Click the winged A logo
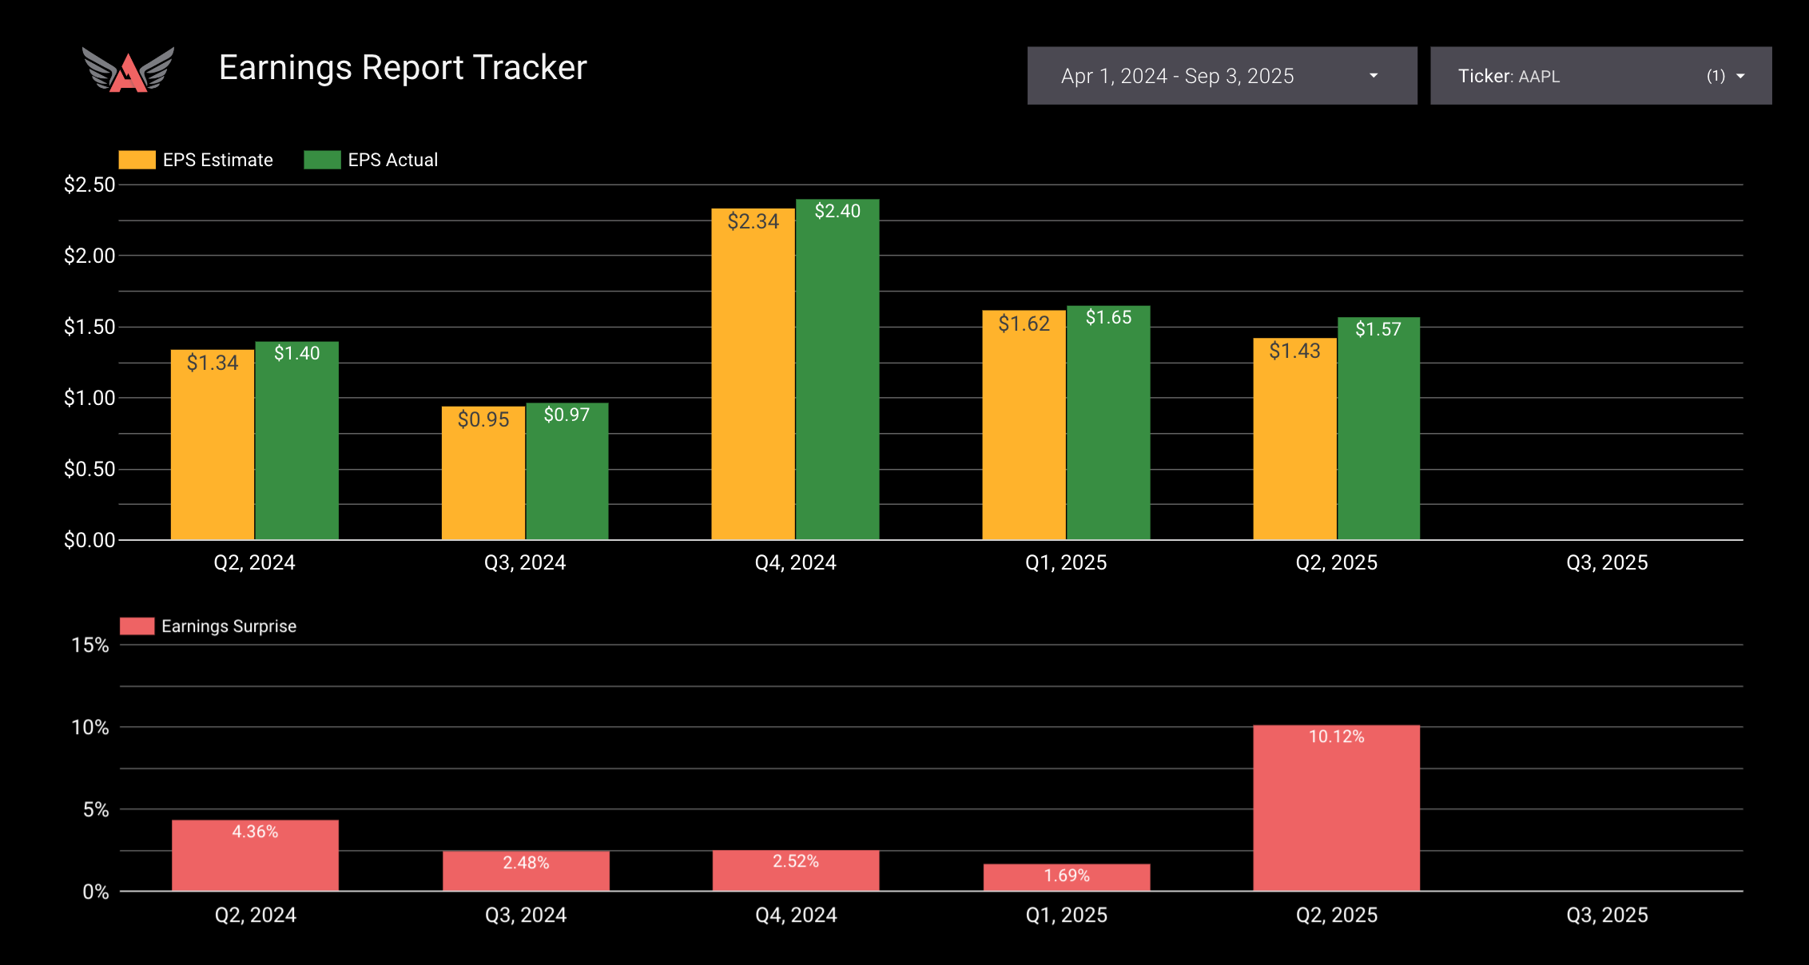(128, 69)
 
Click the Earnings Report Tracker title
(403, 68)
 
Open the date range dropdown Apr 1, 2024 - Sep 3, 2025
(1222, 76)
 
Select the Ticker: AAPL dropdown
(1600, 76)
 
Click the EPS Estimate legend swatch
(137, 160)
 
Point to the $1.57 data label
(1378, 329)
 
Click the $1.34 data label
(213, 363)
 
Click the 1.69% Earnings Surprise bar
(1067, 877)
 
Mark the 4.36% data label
(255, 832)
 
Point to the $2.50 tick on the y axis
(89, 185)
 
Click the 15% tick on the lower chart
(90, 645)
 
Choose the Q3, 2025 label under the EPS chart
(1607, 562)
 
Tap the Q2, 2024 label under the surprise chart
(255, 915)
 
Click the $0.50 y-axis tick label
(89, 469)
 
